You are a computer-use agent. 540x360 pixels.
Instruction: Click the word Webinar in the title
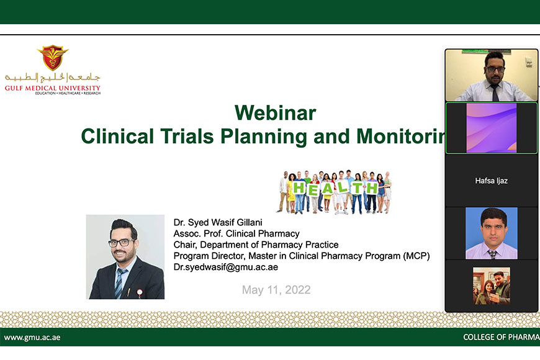[x=275, y=112]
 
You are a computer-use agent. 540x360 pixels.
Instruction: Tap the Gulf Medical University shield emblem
[x=53, y=57]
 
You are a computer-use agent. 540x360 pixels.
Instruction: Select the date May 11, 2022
[x=276, y=290]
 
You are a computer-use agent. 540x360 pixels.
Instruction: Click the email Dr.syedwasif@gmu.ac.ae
[x=225, y=267]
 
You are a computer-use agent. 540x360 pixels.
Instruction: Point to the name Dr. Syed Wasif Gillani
[x=218, y=222]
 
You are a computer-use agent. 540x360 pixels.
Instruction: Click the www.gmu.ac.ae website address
[x=32, y=337]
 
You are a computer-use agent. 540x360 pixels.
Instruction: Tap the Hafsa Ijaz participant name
[x=491, y=181]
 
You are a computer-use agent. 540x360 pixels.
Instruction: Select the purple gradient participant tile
[x=492, y=128]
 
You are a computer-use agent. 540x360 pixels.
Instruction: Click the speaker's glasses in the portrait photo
[x=121, y=243]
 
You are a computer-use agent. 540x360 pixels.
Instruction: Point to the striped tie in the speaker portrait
[x=119, y=283]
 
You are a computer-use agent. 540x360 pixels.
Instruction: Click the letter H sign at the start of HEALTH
[x=299, y=188]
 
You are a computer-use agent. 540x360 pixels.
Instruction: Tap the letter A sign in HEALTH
[x=327, y=189]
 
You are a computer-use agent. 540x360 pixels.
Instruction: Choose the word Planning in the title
[x=263, y=137]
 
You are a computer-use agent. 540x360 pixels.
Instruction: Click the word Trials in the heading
[x=187, y=136]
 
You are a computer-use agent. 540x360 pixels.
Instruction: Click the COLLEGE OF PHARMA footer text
[x=502, y=337]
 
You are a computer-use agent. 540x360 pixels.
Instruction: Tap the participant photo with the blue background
[x=492, y=233]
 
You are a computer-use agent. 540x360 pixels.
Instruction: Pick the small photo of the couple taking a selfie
[x=492, y=286]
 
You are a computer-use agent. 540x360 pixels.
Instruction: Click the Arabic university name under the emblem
[x=52, y=78]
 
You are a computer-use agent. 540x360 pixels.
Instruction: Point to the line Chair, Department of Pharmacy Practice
[x=256, y=245]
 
